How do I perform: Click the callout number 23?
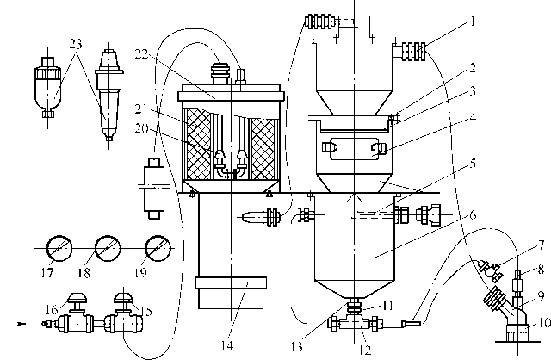tap(75, 44)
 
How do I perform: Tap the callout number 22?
tap(141, 53)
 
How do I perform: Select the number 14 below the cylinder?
tap(227, 345)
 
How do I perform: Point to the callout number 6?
tap(473, 214)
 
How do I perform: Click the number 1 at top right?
tap(473, 22)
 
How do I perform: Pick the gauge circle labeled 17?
tap(59, 248)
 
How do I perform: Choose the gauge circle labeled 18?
tap(108, 248)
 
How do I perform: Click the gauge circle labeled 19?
tap(158, 248)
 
